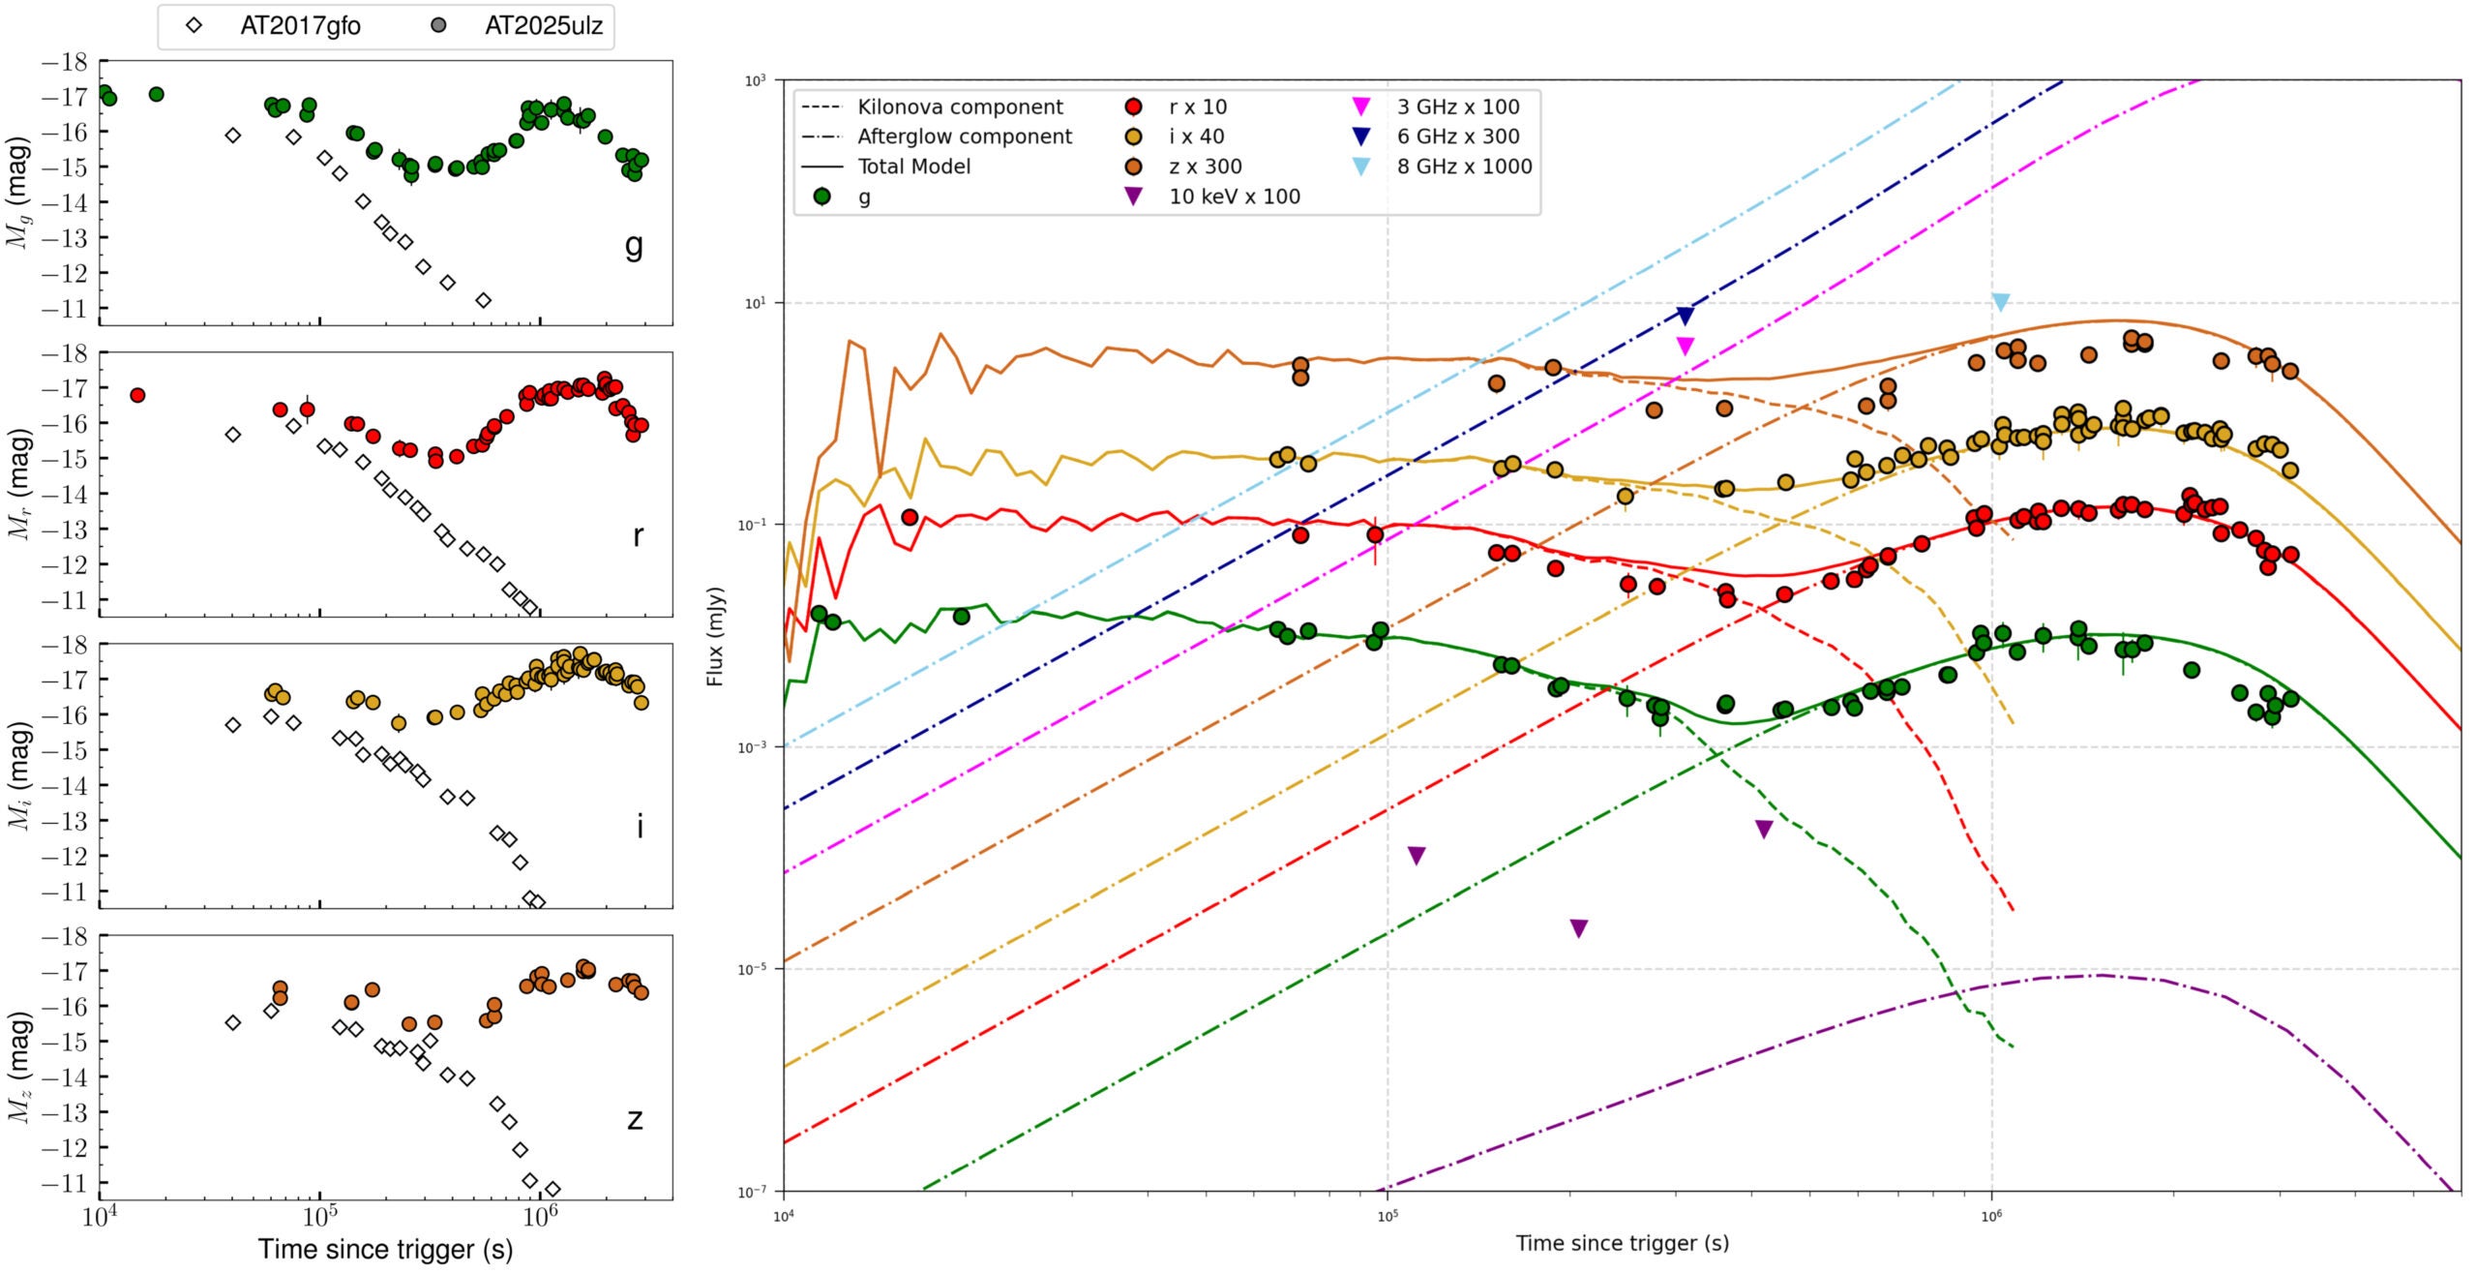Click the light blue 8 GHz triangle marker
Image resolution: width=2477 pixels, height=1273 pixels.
[x=2001, y=302]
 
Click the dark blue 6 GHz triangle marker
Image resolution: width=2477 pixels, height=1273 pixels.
[x=1685, y=316]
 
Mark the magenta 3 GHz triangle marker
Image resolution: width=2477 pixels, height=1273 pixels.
[x=1685, y=346]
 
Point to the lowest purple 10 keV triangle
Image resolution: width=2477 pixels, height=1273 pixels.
[x=1578, y=928]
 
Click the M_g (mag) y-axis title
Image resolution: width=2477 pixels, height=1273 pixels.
[x=18, y=193]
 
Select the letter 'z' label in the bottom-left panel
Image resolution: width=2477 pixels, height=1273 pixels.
[x=635, y=1119]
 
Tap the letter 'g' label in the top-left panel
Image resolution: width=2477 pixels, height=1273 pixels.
[x=634, y=246]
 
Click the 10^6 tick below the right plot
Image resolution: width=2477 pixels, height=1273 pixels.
[x=1991, y=1215]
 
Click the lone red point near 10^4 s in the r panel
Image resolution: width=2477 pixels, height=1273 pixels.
[x=137, y=395]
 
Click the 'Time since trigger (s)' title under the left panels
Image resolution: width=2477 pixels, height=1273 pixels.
[x=385, y=1250]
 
